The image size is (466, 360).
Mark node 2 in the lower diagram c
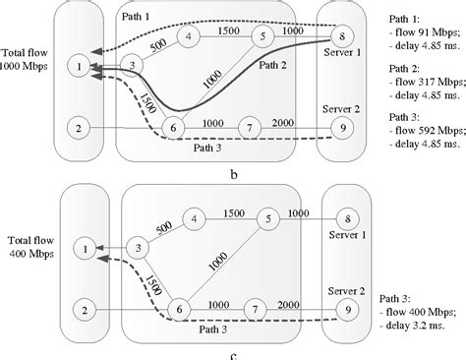pos(86,310)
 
